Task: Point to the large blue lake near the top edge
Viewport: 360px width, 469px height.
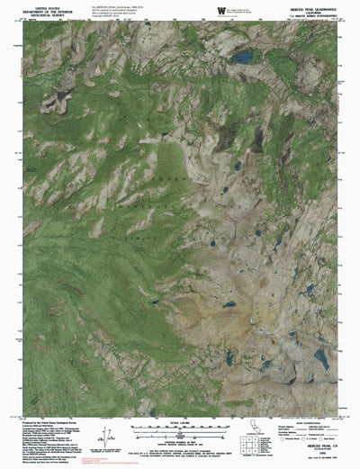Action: click(x=241, y=58)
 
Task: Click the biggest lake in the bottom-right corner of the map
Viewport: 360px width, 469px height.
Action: click(x=320, y=358)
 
